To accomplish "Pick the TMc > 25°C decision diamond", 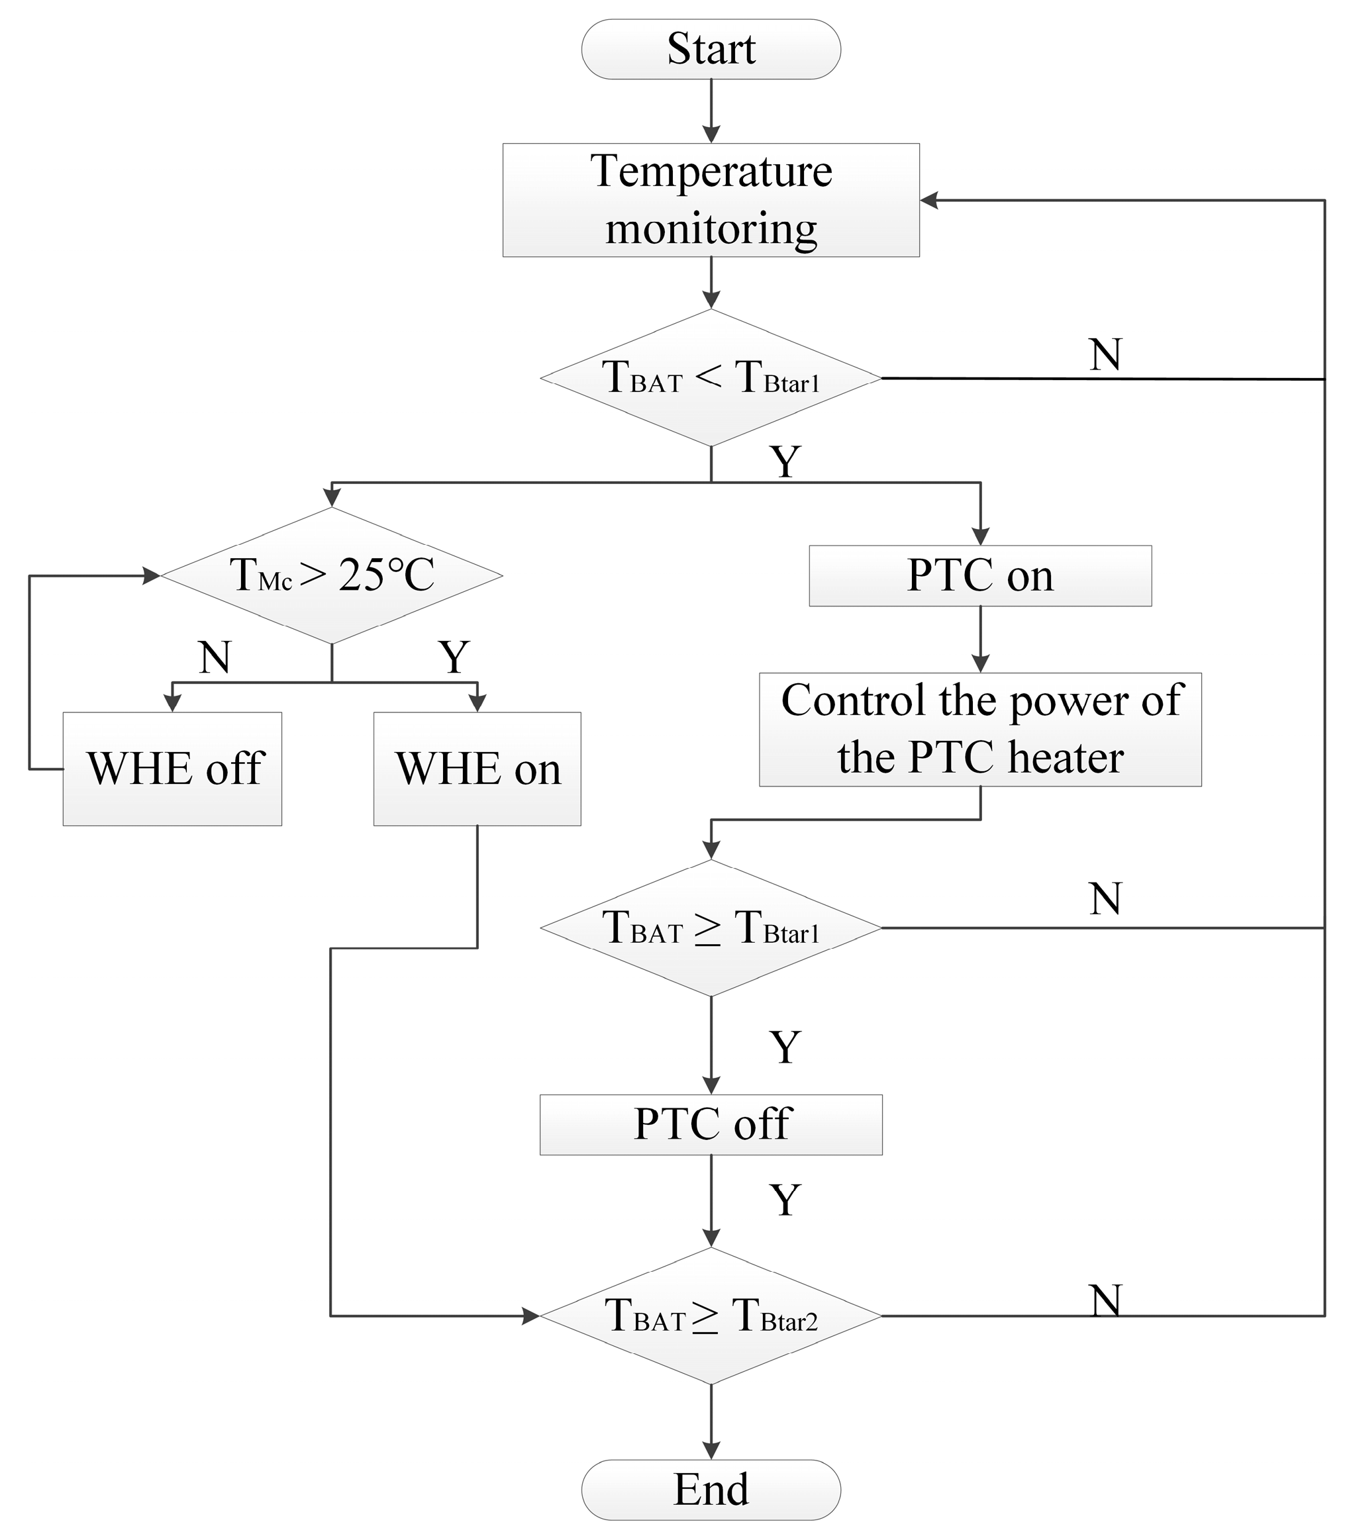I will tap(331, 575).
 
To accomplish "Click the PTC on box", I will tap(980, 575).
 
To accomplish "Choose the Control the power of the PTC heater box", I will tap(980, 729).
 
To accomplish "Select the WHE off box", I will tap(172, 769).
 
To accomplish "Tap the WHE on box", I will tap(477, 769).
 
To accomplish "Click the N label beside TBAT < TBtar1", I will tap(1105, 355).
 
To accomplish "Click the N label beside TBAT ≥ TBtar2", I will tap(1105, 1301).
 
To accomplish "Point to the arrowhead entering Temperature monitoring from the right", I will tap(930, 201).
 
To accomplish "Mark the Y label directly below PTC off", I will tap(785, 1200).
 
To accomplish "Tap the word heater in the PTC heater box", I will tap(1066, 757).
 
